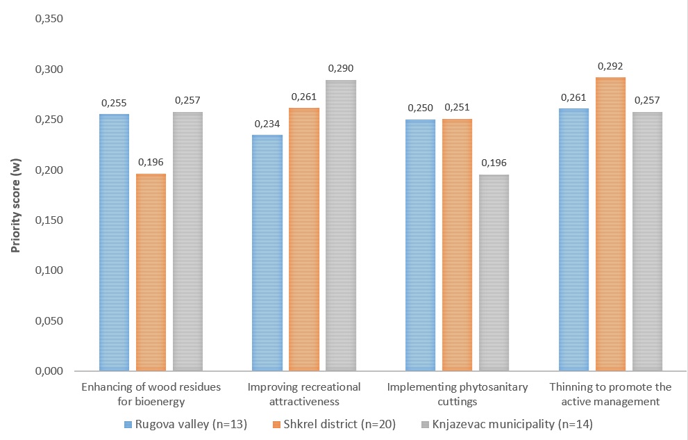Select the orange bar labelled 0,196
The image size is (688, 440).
pos(151,272)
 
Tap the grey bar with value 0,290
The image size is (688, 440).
pos(340,225)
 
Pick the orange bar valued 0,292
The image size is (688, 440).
pos(611,224)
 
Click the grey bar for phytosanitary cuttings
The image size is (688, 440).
pos(493,272)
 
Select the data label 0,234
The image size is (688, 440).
pos(267,123)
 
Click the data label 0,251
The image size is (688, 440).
pos(456,107)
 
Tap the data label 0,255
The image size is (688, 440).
pos(114,102)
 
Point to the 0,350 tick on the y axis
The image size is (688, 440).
pos(49,19)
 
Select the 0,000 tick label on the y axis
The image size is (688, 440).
pos(49,371)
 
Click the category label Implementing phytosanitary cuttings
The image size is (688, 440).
pos(457,393)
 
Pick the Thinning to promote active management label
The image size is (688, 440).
pos(611,393)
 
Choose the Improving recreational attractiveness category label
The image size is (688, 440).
pos(304,393)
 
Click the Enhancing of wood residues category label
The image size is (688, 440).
pos(151,393)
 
